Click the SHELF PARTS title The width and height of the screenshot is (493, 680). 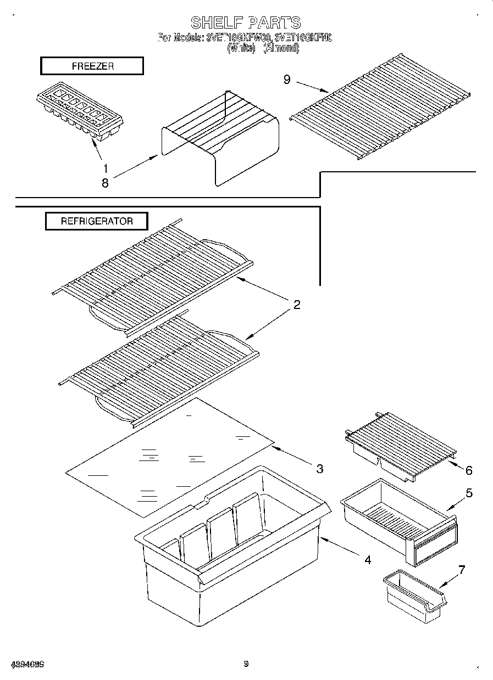(x=246, y=23)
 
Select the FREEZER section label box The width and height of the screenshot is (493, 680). (x=92, y=66)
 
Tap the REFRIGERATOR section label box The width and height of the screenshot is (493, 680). (x=96, y=221)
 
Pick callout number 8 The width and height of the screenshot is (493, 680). (x=105, y=183)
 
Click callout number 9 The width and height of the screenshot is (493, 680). (x=287, y=80)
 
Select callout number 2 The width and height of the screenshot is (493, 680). (x=297, y=305)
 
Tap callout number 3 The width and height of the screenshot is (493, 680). (x=319, y=468)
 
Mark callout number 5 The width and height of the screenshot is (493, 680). (x=469, y=493)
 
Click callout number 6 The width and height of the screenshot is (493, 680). (x=468, y=470)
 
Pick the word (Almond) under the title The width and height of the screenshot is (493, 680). (x=281, y=48)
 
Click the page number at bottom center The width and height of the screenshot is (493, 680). (x=246, y=664)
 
